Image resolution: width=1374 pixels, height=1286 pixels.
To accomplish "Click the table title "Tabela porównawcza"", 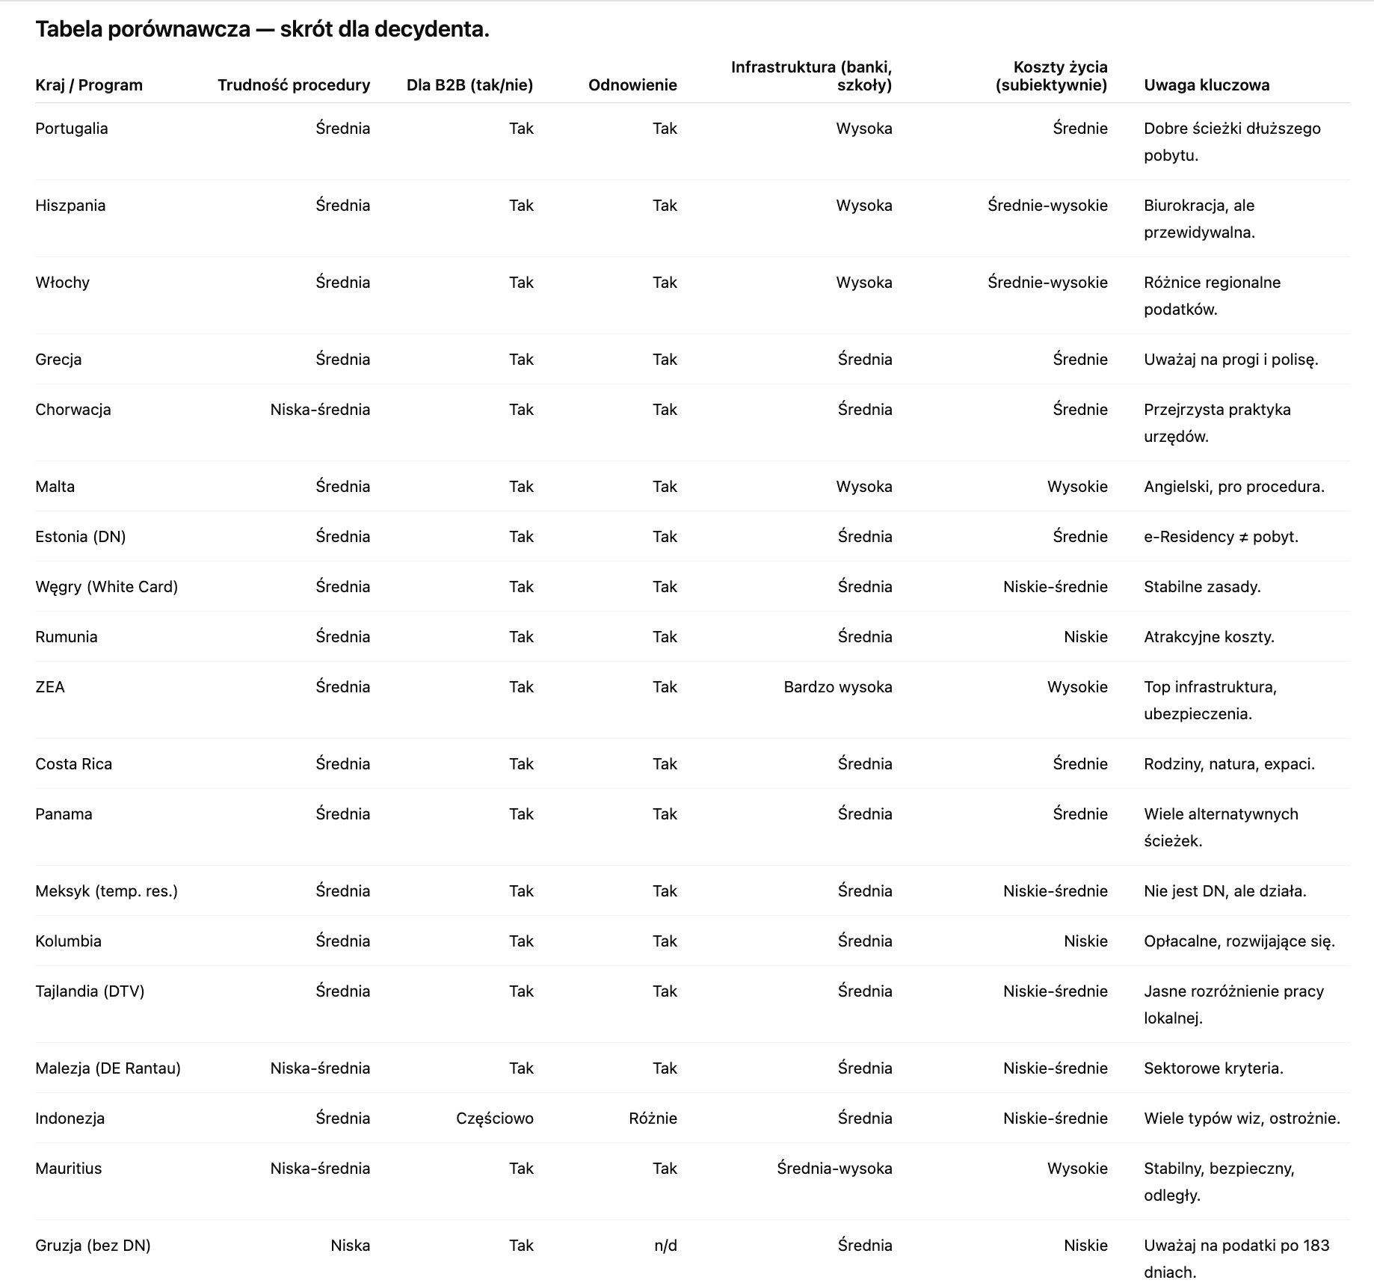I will (x=142, y=29).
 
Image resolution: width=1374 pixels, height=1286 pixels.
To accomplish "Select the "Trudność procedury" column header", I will (x=294, y=85).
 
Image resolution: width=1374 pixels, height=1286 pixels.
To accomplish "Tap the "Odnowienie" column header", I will (x=632, y=85).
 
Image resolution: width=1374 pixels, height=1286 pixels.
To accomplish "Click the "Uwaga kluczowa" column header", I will (x=1207, y=85).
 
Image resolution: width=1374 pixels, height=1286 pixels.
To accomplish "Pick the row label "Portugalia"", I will (x=72, y=129).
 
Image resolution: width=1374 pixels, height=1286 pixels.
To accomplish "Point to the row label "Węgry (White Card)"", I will (x=106, y=587).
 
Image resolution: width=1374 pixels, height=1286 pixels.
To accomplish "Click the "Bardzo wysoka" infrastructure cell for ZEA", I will (x=837, y=687).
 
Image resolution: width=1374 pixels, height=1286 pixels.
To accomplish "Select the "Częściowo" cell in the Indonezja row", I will (x=494, y=1119).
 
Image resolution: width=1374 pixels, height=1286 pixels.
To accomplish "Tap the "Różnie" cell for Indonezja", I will (x=653, y=1119).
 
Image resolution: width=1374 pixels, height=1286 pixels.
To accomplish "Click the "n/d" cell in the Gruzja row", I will (x=665, y=1246).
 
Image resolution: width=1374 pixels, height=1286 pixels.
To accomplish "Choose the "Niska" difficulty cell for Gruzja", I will (x=350, y=1246).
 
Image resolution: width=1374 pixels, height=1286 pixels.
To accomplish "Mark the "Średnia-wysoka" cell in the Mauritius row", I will (x=834, y=1169).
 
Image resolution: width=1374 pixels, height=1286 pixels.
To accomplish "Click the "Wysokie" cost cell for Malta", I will (x=1076, y=487).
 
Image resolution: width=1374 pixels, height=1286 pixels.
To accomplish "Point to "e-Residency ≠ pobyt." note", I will (x=1221, y=537).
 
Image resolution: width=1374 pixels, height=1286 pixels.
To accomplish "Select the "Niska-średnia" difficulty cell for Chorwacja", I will (x=320, y=410).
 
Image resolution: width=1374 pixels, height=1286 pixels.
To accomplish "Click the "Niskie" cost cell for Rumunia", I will (x=1085, y=637).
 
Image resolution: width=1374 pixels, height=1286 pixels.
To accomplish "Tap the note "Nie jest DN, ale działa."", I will (x=1224, y=891).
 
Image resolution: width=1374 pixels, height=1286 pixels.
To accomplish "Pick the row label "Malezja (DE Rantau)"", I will (x=108, y=1068).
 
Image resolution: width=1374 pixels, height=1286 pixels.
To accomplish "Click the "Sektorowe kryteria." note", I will (x=1213, y=1068).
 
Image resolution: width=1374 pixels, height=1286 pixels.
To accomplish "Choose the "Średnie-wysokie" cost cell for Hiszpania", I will (x=1047, y=206).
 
